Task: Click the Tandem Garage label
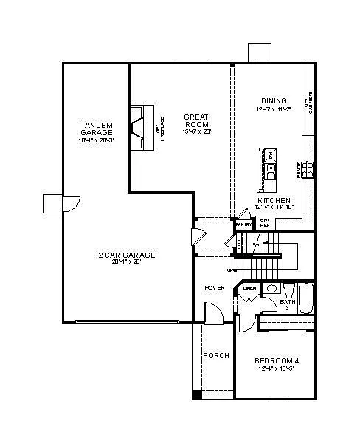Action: click(96, 128)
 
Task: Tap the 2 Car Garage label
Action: click(127, 255)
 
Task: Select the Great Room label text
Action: click(197, 120)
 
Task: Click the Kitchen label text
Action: click(272, 200)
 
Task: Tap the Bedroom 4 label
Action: click(277, 360)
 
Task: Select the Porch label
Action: click(215, 355)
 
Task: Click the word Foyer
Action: click(214, 287)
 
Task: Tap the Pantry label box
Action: click(244, 223)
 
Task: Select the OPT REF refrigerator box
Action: click(263, 222)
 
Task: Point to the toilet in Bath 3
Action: click(271, 289)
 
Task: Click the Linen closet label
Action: click(250, 288)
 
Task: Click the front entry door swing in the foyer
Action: click(213, 315)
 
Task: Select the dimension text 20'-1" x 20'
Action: click(127, 261)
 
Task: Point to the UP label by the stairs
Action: click(231, 270)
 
